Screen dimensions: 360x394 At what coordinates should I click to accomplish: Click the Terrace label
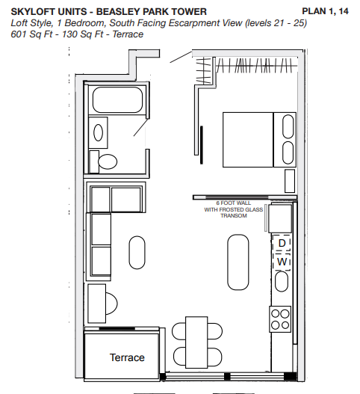pyautogui.click(x=127, y=357)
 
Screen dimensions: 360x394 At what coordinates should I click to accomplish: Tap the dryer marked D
pyautogui.click(x=282, y=243)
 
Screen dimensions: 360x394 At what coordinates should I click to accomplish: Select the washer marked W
pyautogui.click(x=282, y=262)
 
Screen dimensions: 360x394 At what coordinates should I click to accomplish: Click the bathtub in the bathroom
pyautogui.click(x=117, y=99)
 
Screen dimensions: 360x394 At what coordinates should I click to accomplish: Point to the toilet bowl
pyautogui.click(x=108, y=161)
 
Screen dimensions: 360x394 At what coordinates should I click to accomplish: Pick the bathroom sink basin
pyautogui.click(x=98, y=132)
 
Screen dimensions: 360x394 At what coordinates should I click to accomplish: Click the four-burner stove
pyautogui.click(x=280, y=319)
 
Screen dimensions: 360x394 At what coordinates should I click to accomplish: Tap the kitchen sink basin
pyautogui.click(x=282, y=281)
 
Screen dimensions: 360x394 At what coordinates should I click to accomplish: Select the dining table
pyautogui.click(x=196, y=342)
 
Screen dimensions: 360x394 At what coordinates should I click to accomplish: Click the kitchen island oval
pyautogui.click(x=238, y=262)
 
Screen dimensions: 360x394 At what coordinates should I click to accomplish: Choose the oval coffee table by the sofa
pyautogui.click(x=137, y=253)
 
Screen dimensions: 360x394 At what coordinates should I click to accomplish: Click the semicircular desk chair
pyautogui.click(x=112, y=304)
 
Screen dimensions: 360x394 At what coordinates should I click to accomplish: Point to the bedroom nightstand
pyautogui.click(x=290, y=181)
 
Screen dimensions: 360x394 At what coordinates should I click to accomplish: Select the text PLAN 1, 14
pyautogui.click(x=325, y=11)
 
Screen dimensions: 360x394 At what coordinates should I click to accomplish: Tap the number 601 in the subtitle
pyautogui.click(x=19, y=34)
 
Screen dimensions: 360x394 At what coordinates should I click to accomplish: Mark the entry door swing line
pyautogui.click(x=181, y=57)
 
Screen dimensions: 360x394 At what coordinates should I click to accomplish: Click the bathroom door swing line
pyautogui.click(x=140, y=127)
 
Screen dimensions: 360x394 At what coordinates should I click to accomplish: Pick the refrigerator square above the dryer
pyautogui.click(x=280, y=218)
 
